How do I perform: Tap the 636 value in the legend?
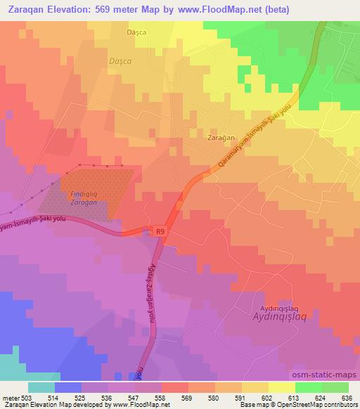(347, 397)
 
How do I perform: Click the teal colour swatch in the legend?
(41, 387)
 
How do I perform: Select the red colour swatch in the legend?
(175, 387)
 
